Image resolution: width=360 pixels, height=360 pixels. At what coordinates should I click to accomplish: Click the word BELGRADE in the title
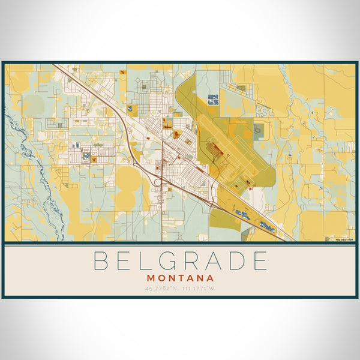coord(180,262)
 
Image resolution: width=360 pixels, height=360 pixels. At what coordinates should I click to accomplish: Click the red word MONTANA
coord(180,278)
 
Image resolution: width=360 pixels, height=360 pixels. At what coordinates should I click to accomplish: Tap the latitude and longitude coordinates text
coord(180,289)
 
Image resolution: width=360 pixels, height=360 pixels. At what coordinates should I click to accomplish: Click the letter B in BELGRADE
coord(100,262)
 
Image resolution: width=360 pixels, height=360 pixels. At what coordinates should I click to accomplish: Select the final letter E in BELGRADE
coord(259,262)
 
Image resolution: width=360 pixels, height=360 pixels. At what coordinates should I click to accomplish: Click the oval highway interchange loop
coord(158,181)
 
